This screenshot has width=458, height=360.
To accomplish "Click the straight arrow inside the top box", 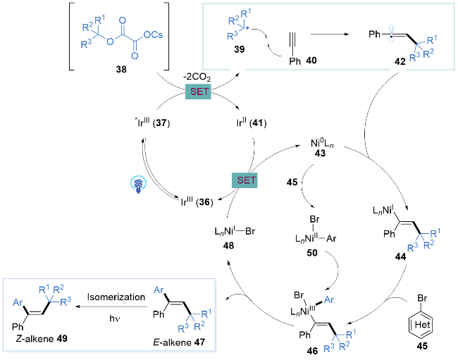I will tap(329, 33).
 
